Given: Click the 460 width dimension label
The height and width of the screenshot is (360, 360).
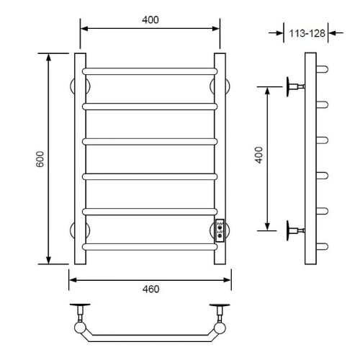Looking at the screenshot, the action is (150, 289).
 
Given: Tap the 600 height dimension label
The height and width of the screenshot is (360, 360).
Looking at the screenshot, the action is (40, 159).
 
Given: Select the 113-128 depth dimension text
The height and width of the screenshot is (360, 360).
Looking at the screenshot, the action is (307, 33).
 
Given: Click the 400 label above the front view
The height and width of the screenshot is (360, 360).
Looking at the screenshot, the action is (150, 19).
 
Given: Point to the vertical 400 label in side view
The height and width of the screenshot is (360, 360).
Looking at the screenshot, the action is (258, 155).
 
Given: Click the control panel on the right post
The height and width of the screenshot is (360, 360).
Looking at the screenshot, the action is (220, 230).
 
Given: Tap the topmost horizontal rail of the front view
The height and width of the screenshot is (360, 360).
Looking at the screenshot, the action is (150, 71).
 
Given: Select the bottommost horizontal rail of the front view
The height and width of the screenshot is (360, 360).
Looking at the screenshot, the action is (150, 247).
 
